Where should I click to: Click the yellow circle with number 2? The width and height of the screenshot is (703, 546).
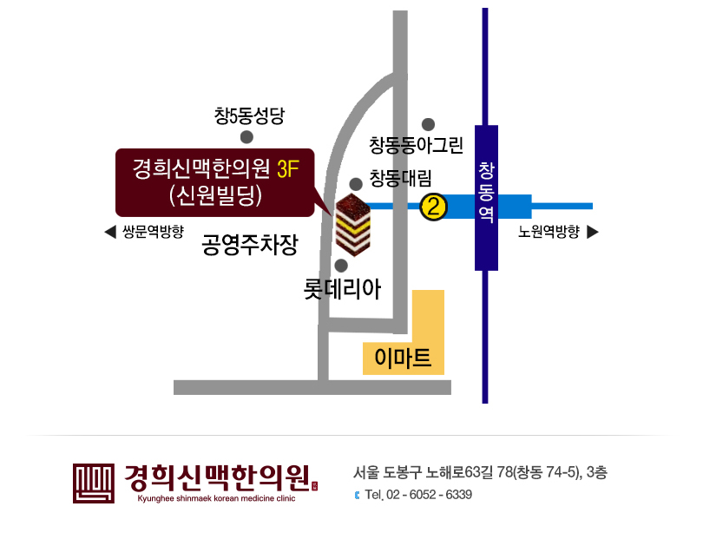[x=434, y=207]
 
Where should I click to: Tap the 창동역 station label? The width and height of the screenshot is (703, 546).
[x=486, y=193]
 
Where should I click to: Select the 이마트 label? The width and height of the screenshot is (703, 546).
[x=403, y=358]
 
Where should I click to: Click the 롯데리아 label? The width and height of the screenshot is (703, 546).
[x=342, y=289]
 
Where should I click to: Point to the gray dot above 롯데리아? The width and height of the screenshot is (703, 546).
[x=341, y=266]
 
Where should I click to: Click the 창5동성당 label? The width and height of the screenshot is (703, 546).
[x=249, y=115]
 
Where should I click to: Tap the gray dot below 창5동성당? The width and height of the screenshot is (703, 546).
[x=246, y=137]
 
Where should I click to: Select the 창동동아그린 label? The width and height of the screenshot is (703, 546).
[x=416, y=145]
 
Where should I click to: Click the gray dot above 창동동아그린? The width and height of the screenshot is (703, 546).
[x=428, y=125]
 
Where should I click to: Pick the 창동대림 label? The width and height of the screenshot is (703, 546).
[x=400, y=178]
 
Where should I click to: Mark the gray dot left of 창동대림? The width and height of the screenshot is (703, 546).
[x=356, y=184]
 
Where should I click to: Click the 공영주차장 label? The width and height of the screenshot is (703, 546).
[x=250, y=245]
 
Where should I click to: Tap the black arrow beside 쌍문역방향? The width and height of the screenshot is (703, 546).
[x=110, y=232]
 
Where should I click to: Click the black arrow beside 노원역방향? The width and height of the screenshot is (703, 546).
[x=593, y=232]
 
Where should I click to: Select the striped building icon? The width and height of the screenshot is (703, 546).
[x=353, y=225]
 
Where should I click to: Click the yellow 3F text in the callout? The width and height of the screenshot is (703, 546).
[x=288, y=169]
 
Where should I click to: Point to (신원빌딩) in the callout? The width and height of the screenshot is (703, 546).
[x=215, y=196]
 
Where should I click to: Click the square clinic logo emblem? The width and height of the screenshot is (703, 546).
[x=93, y=484]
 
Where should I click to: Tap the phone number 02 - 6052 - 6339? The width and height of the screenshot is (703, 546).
[x=429, y=495]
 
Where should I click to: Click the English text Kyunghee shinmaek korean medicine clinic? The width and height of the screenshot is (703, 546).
[x=216, y=498]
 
